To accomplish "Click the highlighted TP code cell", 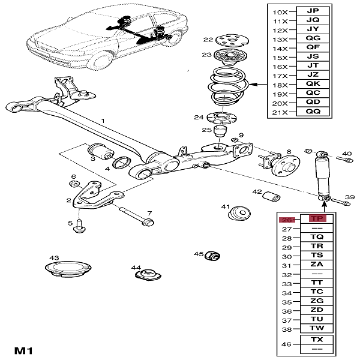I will (x=316, y=219).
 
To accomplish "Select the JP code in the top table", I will (x=313, y=11).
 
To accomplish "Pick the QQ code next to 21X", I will (x=313, y=112).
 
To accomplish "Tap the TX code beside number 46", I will (x=316, y=340).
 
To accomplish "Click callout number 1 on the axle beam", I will (x=103, y=121).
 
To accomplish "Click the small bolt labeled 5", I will (x=79, y=229).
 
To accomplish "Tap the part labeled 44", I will (x=146, y=275).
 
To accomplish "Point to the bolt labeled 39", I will (x=339, y=201).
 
